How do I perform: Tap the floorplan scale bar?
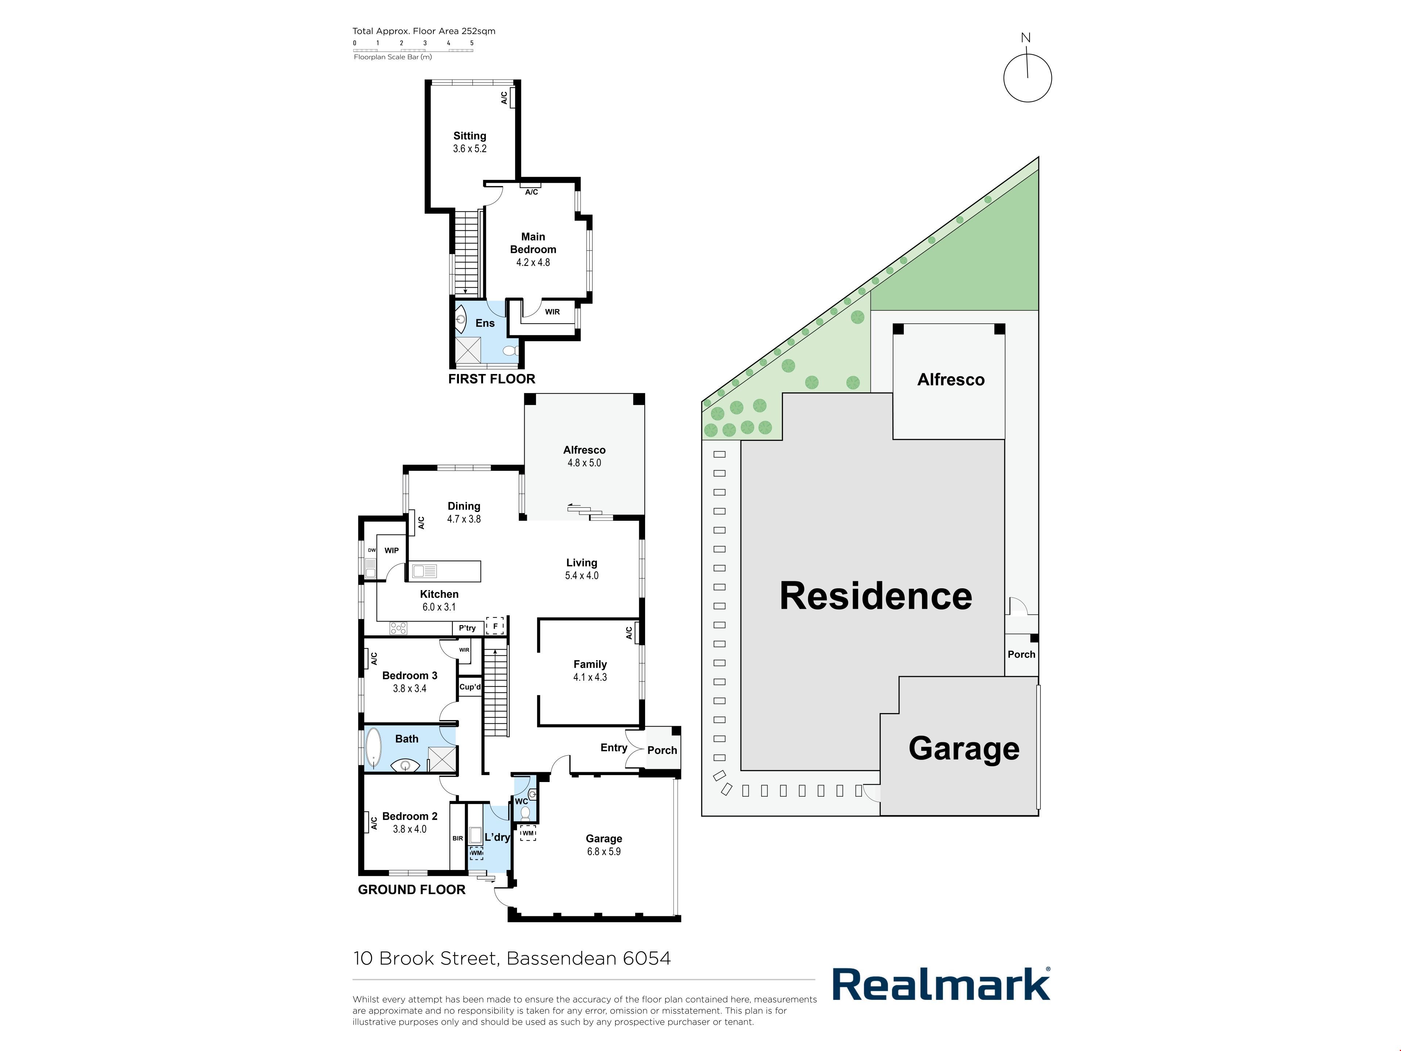pos(413,49)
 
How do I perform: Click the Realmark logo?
pos(941,984)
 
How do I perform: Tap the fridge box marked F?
pos(495,626)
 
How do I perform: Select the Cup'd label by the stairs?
pos(470,687)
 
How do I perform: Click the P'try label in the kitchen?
pos(467,628)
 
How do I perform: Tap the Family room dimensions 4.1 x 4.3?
pos(590,677)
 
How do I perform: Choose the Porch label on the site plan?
pos(1022,654)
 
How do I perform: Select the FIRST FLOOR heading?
pos(491,379)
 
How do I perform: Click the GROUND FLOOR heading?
pos(412,889)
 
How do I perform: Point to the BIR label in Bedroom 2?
pos(457,839)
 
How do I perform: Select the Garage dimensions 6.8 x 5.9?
pos(603,851)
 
